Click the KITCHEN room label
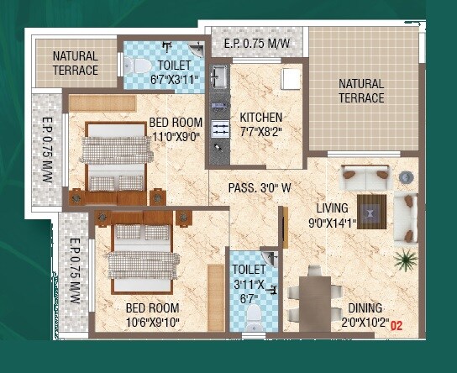click(x=261, y=117)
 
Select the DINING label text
click(x=365, y=307)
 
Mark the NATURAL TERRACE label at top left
click(x=76, y=64)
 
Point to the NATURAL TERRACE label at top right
click(x=361, y=91)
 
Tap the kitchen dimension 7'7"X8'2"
click(x=261, y=131)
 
